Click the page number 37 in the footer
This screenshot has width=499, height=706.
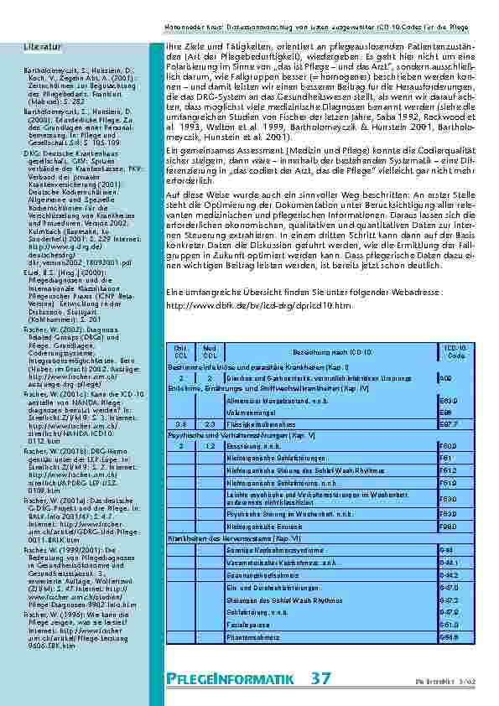[x=321, y=677]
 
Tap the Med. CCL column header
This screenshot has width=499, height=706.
[x=211, y=351]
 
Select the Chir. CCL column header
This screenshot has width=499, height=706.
[x=181, y=351]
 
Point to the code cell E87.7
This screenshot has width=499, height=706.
[x=449, y=425]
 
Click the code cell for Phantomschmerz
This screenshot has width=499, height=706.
[x=449, y=636]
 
